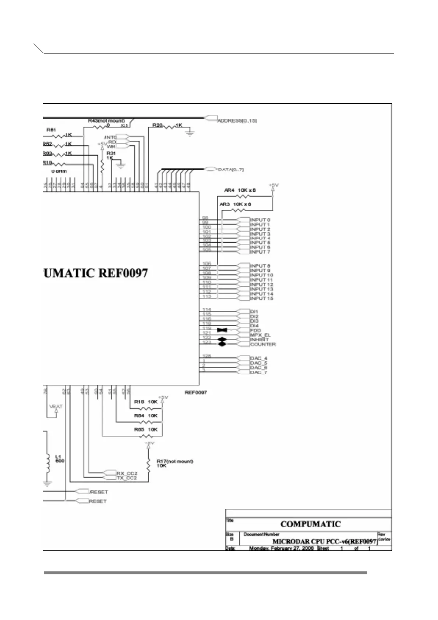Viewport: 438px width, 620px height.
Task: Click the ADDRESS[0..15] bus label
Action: pyautogui.click(x=237, y=121)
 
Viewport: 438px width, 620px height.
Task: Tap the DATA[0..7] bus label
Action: pyautogui.click(x=231, y=170)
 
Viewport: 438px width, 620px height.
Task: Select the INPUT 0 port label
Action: pyautogui.click(x=260, y=220)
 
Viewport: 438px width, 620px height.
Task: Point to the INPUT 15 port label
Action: pyautogui.click(x=262, y=299)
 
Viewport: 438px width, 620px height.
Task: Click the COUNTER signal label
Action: pyautogui.click(x=263, y=345)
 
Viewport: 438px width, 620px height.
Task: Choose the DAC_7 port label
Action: pyautogui.click(x=259, y=372)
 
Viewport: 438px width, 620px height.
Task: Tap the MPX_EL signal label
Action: pyautogui.click(x=260, y=335)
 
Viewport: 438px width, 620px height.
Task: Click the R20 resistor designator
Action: pyautogui.click(x=158, y=126)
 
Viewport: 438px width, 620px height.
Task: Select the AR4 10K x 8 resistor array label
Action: pyautogui.click(x=240, y=190)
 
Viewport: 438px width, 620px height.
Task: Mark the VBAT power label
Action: pyautogui.click(x=56, y=406)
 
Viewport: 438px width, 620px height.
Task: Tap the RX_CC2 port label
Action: pyautogui.click(x=127, y=473)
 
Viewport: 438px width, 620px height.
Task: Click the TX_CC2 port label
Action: pyautogui.click(x=127, y=478)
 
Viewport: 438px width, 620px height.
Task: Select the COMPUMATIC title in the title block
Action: pyautogui.click(x=310, y=524)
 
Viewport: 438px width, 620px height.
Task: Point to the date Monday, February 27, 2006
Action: pyautogui.click(x=281, y=548)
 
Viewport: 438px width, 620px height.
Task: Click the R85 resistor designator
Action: pyautogui.click(x=139, y=429)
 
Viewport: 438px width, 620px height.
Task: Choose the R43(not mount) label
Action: pyautogui.click(x=106, y=121)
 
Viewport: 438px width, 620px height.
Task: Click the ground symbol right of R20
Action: pyautogui.click(x=190, y=133)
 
